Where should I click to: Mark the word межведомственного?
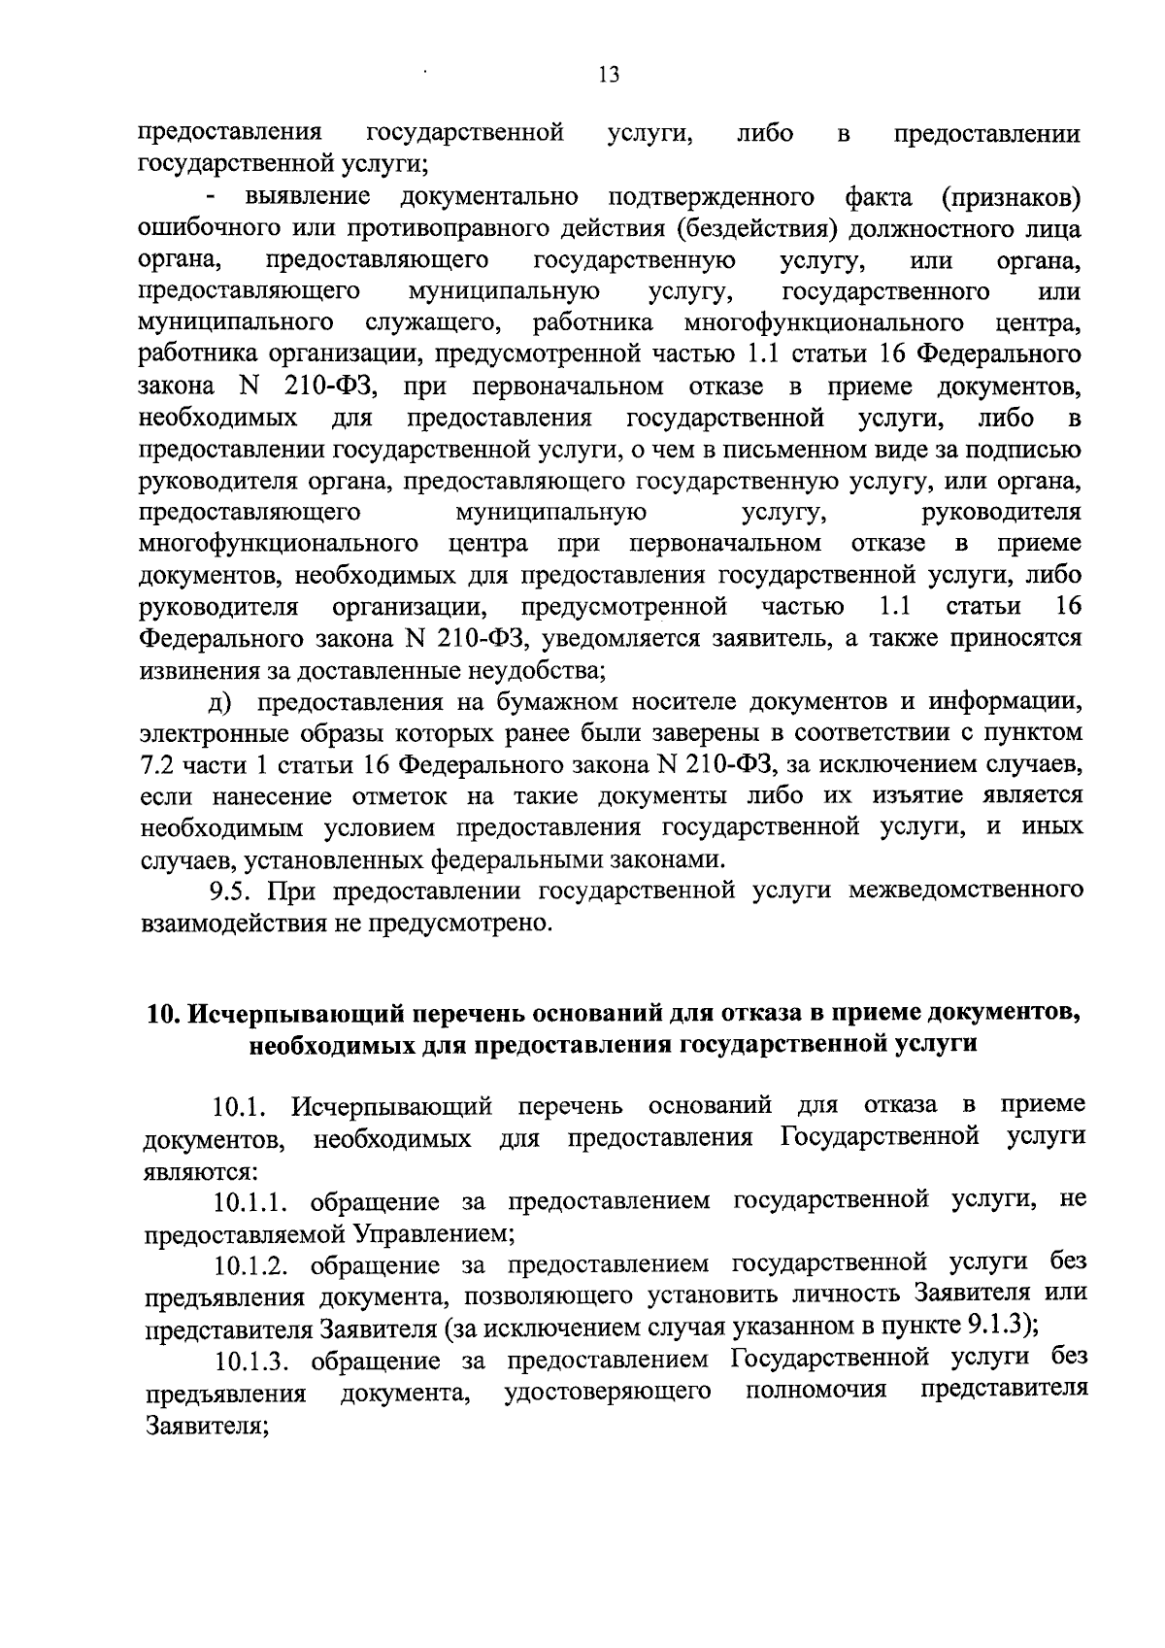click(x=965, y=890)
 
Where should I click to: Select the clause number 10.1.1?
click(x=255, y=1202)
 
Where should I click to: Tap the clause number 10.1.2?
click(x=255, y=1265)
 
